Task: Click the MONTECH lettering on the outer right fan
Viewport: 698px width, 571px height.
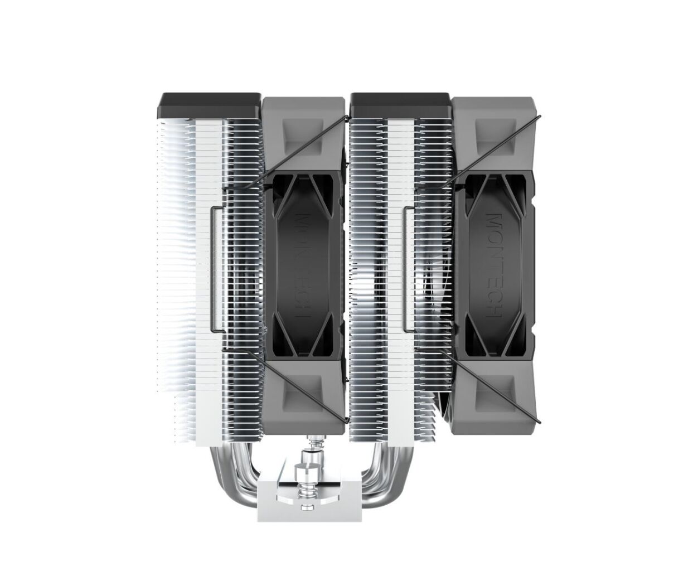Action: (x=495, y=267)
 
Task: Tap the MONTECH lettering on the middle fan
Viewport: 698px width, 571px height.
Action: (x=302, y=267)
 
